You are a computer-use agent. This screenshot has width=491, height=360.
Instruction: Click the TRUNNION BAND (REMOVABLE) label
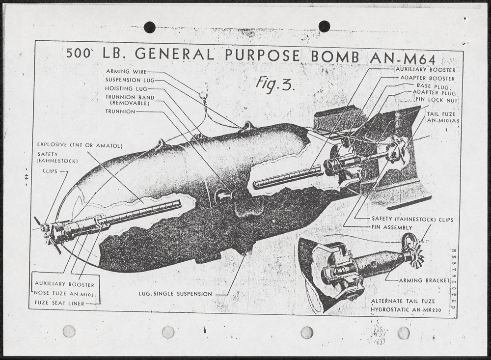click(x=130, y=100)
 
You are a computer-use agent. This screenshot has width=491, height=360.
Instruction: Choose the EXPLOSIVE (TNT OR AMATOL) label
click(x=80, y=145)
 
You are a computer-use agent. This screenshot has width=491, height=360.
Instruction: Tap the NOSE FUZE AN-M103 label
click(x=68, y=294)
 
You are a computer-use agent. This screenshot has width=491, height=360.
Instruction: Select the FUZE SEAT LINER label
click(x=59, y=304)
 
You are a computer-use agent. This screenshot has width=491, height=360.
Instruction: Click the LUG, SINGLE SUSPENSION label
click(x=175, y=294)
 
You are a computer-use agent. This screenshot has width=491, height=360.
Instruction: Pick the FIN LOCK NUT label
click(x=436, y=100)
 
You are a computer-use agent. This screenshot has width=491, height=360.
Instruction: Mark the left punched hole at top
click(x=149, y=27)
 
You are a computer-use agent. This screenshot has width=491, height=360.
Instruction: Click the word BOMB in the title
click(x=334, y=56)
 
